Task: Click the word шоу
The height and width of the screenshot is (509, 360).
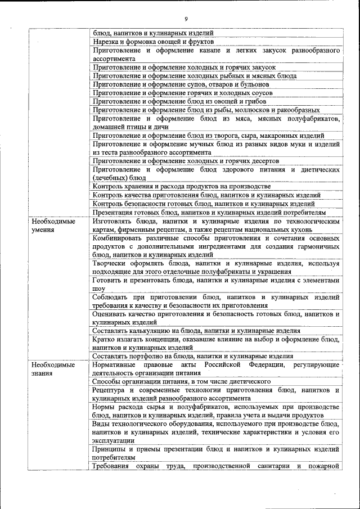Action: tap(99, 289)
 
